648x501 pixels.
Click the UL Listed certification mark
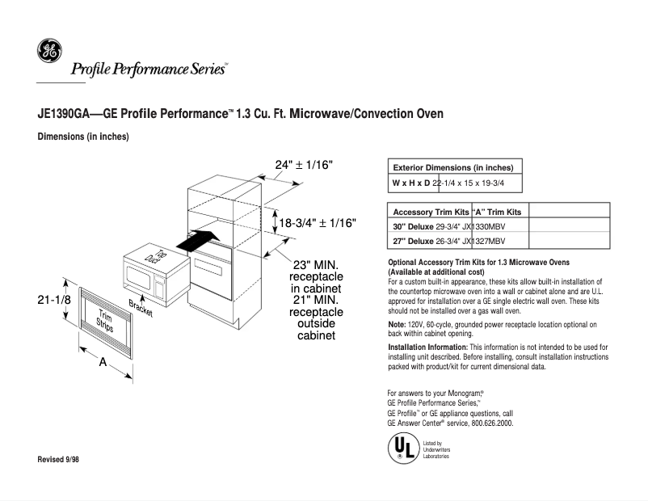pos(399,447)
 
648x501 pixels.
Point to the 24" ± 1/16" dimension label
pos(304,165)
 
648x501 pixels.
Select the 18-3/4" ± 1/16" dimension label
pos(318,223)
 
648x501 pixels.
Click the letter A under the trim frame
pos(103,363)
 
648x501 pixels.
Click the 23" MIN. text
pos(315,265)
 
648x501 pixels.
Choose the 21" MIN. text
pos(315,300)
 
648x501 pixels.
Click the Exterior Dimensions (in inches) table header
pos(453,167)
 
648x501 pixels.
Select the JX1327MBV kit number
pos(483,241)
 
